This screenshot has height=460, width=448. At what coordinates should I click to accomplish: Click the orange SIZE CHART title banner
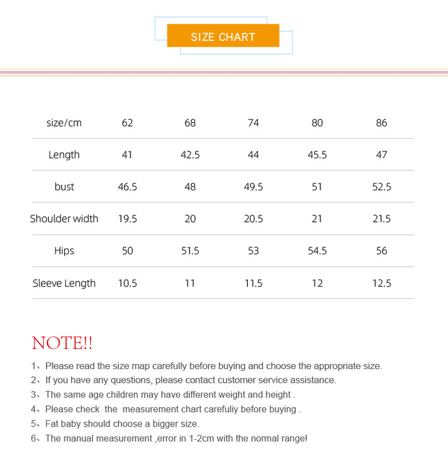click(223, 36)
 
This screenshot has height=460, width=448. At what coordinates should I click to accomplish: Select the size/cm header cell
click(64, 123)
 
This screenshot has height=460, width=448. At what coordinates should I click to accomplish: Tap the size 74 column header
click(253, 123)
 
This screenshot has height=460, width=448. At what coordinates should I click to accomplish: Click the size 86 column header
click(381, 123)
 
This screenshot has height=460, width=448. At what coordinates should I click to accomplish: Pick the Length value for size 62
click(127, 155)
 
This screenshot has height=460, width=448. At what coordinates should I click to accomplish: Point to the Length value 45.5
click(317, 155)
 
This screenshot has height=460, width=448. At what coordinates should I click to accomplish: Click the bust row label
click(64, 187)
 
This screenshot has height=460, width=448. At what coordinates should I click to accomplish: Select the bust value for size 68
click(190, 187)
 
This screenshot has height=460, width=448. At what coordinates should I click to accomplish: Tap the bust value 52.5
click(381, 187)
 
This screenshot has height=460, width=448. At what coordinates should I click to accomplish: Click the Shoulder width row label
click(64, 218)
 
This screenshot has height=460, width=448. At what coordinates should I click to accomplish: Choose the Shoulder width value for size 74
click(253, 218)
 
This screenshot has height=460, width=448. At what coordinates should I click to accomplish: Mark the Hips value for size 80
click(317, 251)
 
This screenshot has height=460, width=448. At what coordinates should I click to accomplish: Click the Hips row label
click(64, 251)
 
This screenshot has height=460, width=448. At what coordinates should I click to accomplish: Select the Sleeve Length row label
click(64, 283)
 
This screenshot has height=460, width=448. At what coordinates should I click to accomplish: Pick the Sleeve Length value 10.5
click(127, 283)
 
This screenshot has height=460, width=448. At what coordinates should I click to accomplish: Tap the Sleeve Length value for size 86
click(381, 283)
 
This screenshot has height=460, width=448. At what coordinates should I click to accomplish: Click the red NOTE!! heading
click(62, 343)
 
